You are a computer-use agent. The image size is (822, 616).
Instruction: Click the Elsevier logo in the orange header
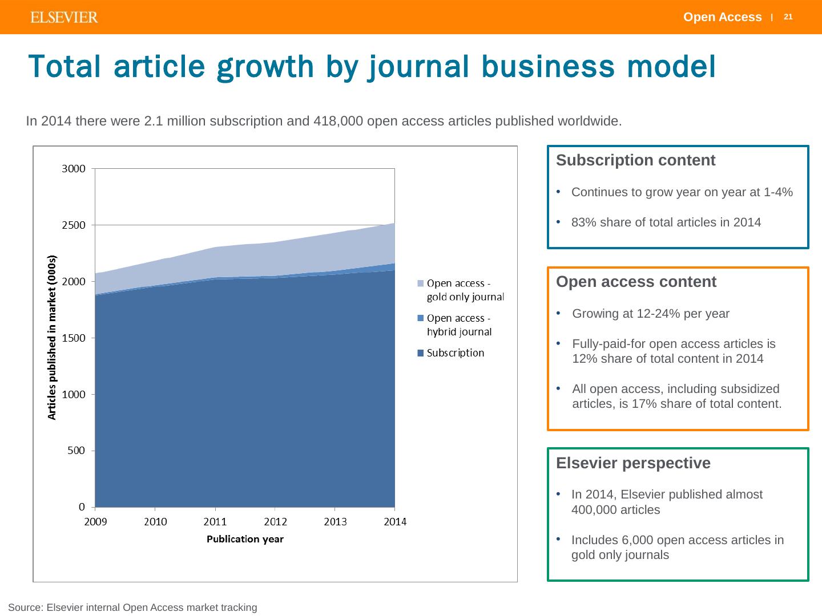(64, 18)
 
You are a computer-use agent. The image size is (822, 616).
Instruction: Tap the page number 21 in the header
(788, 17)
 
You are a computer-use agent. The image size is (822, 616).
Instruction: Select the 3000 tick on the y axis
(74, 169)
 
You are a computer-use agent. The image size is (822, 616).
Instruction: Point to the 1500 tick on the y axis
(74, 338)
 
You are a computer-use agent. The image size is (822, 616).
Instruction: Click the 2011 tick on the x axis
(215, 521)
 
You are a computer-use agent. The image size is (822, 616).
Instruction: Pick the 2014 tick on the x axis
(394, 521)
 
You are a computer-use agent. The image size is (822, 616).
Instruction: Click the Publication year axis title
(245, 539)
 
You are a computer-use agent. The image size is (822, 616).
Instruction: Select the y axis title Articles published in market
(52, 337)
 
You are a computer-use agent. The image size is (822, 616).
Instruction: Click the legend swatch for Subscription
(421, 353)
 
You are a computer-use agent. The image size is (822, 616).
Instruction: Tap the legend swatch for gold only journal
(421, 283)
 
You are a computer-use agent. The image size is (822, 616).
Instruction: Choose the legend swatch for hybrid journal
(421, 318)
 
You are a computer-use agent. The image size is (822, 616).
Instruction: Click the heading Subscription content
(635, 160)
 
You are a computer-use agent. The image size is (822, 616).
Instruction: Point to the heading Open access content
(636, 282)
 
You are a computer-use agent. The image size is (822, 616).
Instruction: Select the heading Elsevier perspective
(633, 463)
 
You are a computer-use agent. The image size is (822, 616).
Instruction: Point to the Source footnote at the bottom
(132, 607)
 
